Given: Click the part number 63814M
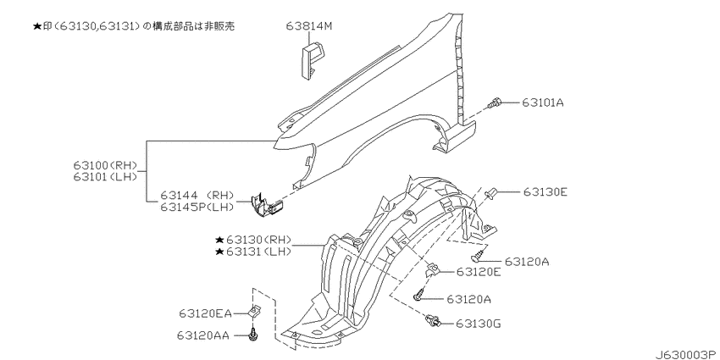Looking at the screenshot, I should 309,27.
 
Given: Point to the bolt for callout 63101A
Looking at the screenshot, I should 496,104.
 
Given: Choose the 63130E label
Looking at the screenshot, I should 545,192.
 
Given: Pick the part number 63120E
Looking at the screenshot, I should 478,272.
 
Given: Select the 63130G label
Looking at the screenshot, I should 479,323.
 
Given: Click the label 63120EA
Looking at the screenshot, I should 206,313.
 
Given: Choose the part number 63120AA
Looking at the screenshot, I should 206,336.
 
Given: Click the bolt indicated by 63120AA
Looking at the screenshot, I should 252,335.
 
